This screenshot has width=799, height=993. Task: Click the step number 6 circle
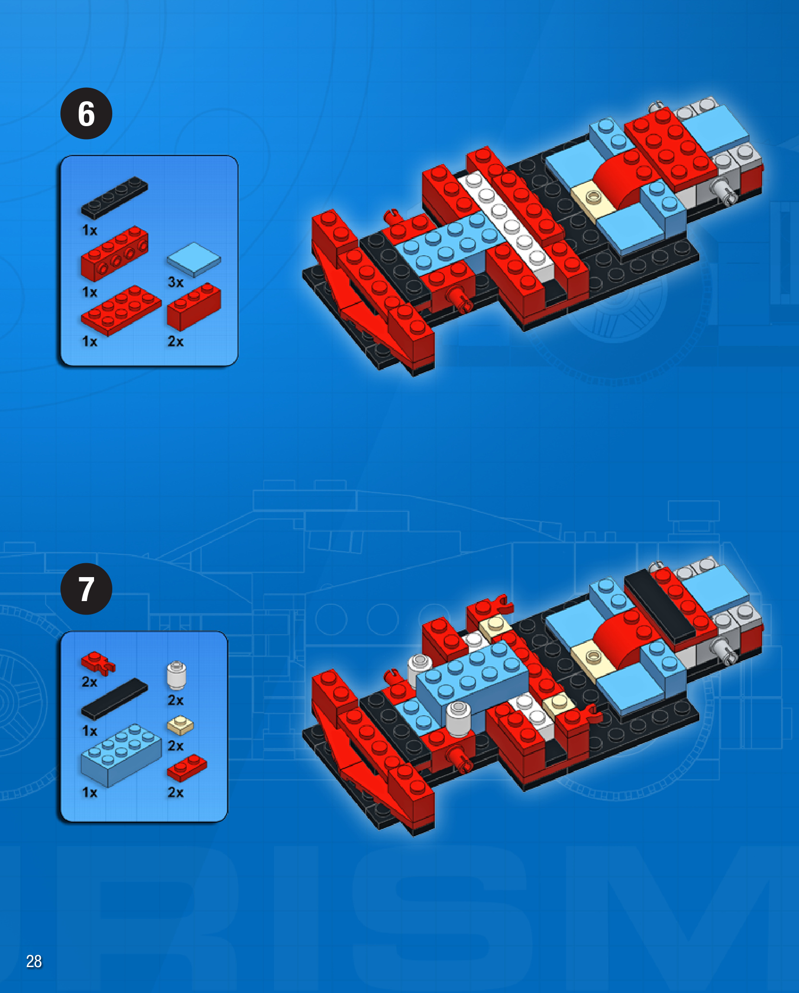pos(86,114)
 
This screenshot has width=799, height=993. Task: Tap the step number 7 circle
pos(86,589)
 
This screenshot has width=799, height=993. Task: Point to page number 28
pos(34,961)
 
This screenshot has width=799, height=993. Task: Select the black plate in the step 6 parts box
pos(114,197)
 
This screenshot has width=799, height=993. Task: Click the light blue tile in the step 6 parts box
pos(194,260)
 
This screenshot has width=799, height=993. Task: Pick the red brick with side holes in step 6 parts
pos(114,253)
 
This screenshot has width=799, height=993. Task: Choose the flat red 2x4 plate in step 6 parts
pos(121,310)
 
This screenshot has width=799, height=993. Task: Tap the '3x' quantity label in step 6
pos(176,282)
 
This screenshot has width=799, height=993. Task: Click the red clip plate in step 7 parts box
pos(98,663)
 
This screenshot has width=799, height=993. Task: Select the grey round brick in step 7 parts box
pos(176,675)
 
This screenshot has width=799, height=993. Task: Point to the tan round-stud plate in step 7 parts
pos(180,725)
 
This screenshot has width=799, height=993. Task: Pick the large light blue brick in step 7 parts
pos(121,755)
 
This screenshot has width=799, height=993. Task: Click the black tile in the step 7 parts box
pos(114,698)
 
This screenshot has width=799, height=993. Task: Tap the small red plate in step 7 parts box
pos(187,768)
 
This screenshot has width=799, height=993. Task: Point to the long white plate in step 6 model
pos(506,226)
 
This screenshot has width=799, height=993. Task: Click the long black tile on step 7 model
pos(660,605)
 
